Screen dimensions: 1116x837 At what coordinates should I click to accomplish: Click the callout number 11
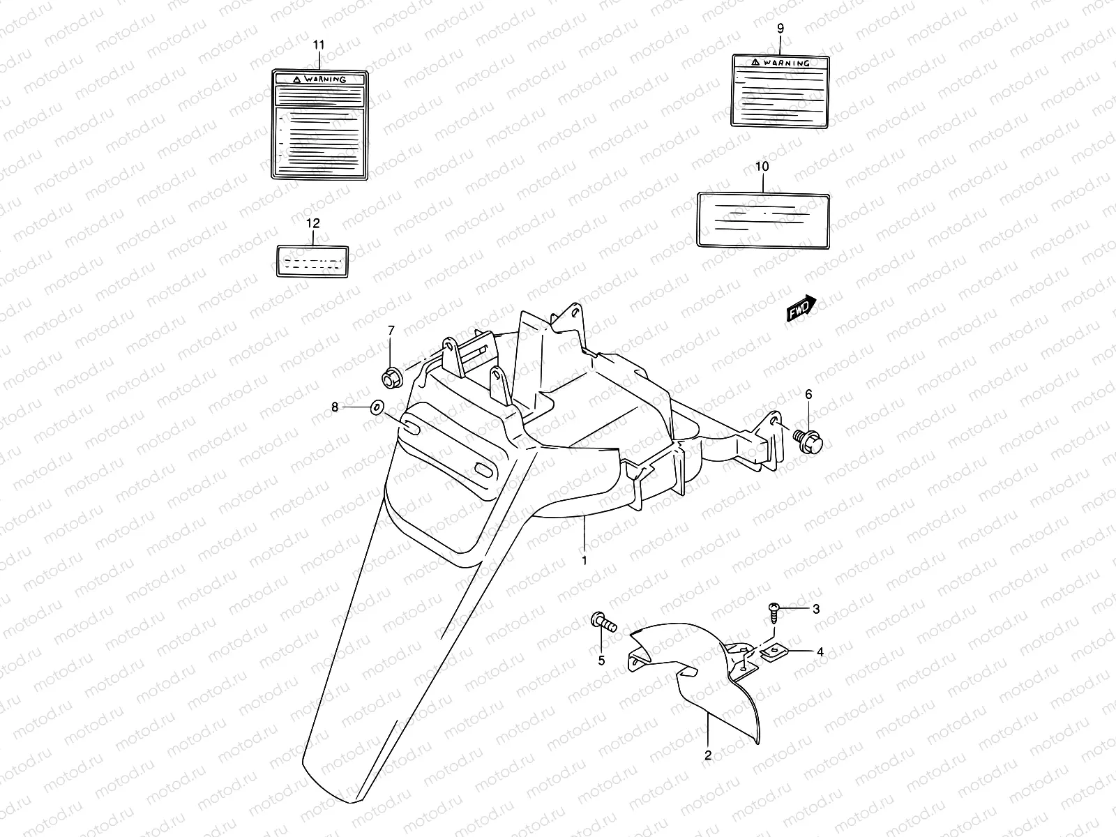319,45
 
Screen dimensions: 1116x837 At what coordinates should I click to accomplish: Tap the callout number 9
780,29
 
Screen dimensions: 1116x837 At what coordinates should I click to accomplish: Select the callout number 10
762,167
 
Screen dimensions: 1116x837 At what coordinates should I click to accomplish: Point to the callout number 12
312,223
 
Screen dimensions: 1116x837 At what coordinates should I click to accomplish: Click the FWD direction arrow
801,309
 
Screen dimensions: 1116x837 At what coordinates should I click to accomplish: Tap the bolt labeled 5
603,620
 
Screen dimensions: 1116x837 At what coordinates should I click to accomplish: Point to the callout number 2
707,755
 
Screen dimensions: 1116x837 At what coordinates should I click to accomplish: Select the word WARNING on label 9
786,63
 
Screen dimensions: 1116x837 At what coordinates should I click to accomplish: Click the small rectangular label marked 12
312,262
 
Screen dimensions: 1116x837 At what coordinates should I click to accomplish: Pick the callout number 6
808,395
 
